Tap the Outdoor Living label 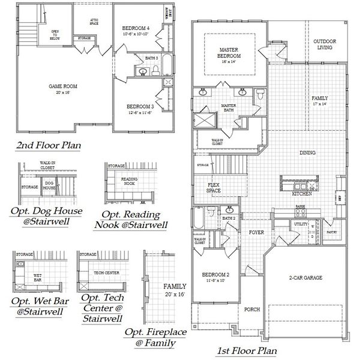(324, 44)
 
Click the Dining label (307, 154)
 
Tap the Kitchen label (301, 194)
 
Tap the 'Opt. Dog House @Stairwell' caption (46, 215)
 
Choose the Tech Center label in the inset (106, 272)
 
